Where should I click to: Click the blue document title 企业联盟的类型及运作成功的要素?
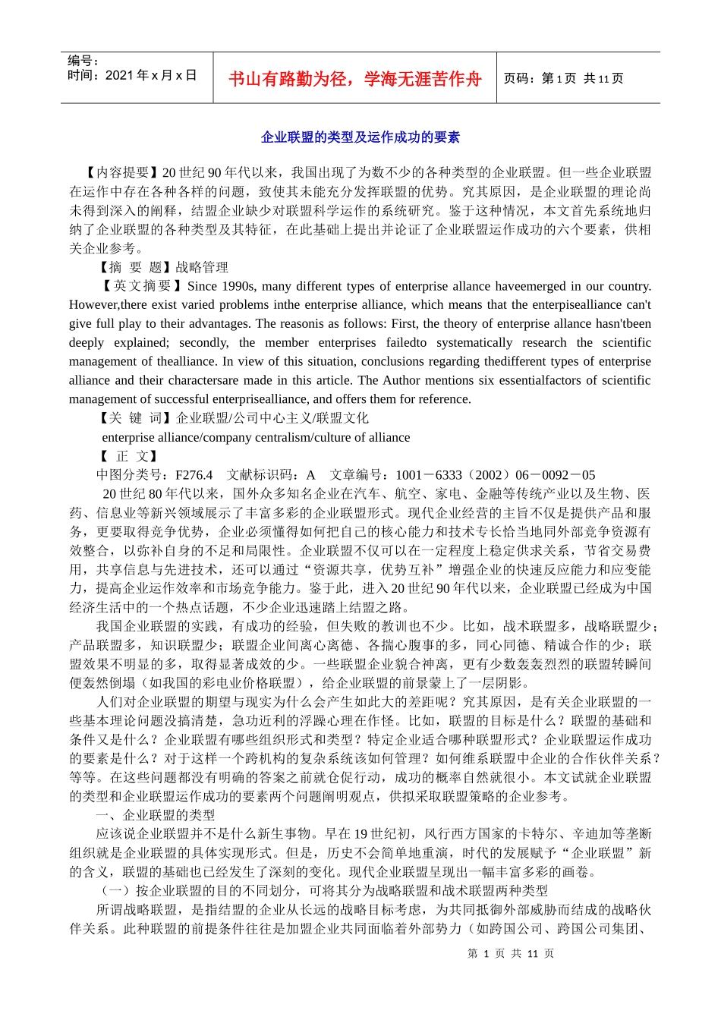[x=360, y=137]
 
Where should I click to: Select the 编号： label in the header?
[x=83, y=61]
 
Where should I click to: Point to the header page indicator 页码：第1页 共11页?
[x=563, y=78]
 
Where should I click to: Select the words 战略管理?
[x=202, y=267]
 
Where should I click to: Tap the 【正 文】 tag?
[x=128, y=456]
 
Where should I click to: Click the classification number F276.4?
[x=194, y=475]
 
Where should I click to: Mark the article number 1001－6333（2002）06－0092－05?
[x=495, y=475]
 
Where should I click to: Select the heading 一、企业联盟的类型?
[x=156, y=815]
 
